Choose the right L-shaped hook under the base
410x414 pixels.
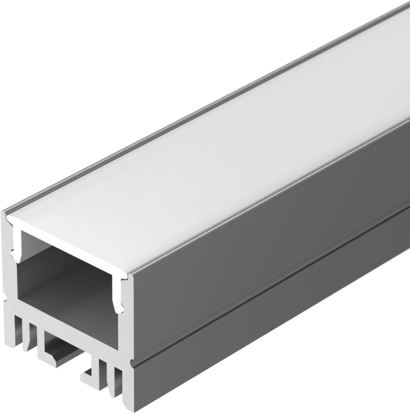pos(92,376)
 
